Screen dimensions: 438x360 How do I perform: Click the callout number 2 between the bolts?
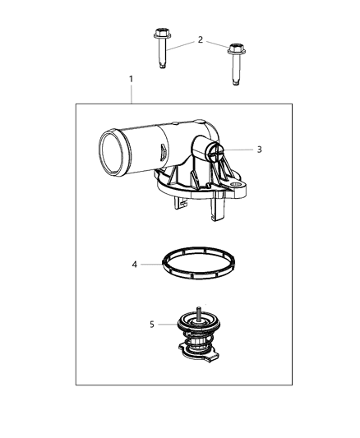click(x=199, y=39)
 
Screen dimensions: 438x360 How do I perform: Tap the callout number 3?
click(x=259, y=150)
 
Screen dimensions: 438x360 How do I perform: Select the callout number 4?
click(x=135, y=264)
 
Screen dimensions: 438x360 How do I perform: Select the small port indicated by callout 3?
click(x=216, y=150)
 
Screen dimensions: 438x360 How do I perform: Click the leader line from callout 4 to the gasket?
click(x=150, y=264)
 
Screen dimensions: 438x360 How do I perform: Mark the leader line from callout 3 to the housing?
click(x=239, y=150)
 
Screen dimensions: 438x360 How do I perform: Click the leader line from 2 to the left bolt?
click(x=181, y=43)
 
